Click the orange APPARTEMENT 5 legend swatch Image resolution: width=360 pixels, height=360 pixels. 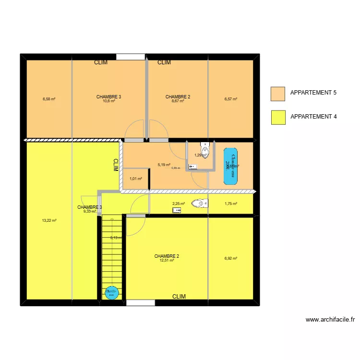[278, 93]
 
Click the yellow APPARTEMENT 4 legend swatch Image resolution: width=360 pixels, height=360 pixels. [278, 117]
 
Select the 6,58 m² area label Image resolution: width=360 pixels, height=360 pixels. [48, 99]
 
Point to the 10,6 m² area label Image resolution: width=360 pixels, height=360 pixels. [108, 101]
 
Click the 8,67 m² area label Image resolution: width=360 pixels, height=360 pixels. [178, 101]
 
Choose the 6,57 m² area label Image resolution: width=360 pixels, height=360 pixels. [231, 99]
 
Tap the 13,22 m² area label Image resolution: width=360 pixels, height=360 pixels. [49, 221]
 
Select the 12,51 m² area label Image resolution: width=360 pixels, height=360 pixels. [167, 260]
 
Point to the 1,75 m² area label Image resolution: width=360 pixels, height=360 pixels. [231, 204]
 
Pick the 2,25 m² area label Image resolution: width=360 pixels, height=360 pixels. [179, 204]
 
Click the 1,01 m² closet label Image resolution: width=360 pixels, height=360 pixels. [136, 179]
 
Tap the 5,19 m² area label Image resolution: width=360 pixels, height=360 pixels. [164, 165]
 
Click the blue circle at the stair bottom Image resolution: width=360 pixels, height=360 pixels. [111, 292]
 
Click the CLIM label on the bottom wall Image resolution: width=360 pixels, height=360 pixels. [179, 297]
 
